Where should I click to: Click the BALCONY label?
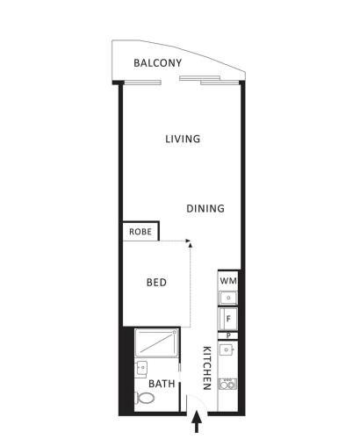[157, 63]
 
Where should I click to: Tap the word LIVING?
[183, 139]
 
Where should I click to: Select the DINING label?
[205, 208]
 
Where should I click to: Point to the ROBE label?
[140, 232]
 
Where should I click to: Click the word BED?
[156, 283]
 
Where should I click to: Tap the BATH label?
[162, 384]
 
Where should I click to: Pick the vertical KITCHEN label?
[207, 368]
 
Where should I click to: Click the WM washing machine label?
[228, 281]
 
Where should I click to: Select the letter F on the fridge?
[228, 319]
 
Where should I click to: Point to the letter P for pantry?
[228, 335]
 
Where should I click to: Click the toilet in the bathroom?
[145, 398]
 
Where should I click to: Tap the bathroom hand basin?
[141, 368]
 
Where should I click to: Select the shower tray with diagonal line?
[156, 342]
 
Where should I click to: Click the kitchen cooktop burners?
[227, 384]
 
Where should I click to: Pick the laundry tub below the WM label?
[228, 298]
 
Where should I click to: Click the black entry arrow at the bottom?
[197, 421]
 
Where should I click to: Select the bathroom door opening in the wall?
[180, 372]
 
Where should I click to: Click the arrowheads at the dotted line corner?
[190, 243]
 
